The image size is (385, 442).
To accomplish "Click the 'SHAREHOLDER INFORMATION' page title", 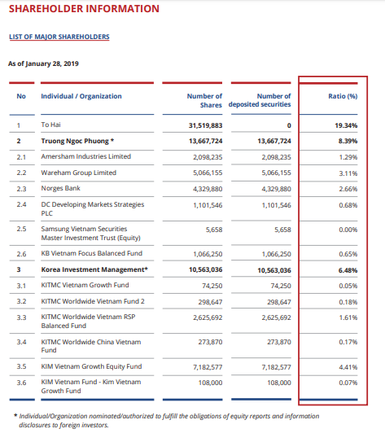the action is point(84,9).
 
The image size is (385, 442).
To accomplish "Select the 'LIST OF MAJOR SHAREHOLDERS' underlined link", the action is point(59,37).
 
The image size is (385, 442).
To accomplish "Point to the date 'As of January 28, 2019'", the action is point(43,63).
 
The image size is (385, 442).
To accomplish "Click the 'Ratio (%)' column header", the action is point(343,96).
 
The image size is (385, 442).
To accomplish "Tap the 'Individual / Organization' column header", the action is point(81,96).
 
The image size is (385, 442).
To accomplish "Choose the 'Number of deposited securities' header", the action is point(260,100).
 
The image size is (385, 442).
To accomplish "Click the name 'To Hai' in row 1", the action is point(50,125).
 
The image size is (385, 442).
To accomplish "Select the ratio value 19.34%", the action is point(346,125).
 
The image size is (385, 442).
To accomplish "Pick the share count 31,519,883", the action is point(205,125).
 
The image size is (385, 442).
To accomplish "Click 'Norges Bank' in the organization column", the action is point(60,188).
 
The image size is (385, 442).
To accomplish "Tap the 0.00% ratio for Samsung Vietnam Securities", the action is point(348,230).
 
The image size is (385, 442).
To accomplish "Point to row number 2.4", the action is point(21,204).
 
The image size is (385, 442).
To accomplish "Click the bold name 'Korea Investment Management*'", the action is point(94,269).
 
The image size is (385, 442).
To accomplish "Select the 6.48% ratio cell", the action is point(348,270).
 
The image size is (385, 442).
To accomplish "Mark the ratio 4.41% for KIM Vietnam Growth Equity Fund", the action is point(348,367).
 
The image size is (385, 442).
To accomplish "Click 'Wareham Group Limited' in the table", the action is point(79,173).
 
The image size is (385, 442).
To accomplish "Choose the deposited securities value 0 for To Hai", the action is point(289,125).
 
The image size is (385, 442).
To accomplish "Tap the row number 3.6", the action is point(21,383).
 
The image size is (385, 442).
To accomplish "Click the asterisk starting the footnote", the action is point(15,415).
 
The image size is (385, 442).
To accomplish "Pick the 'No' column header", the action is point(21,96).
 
